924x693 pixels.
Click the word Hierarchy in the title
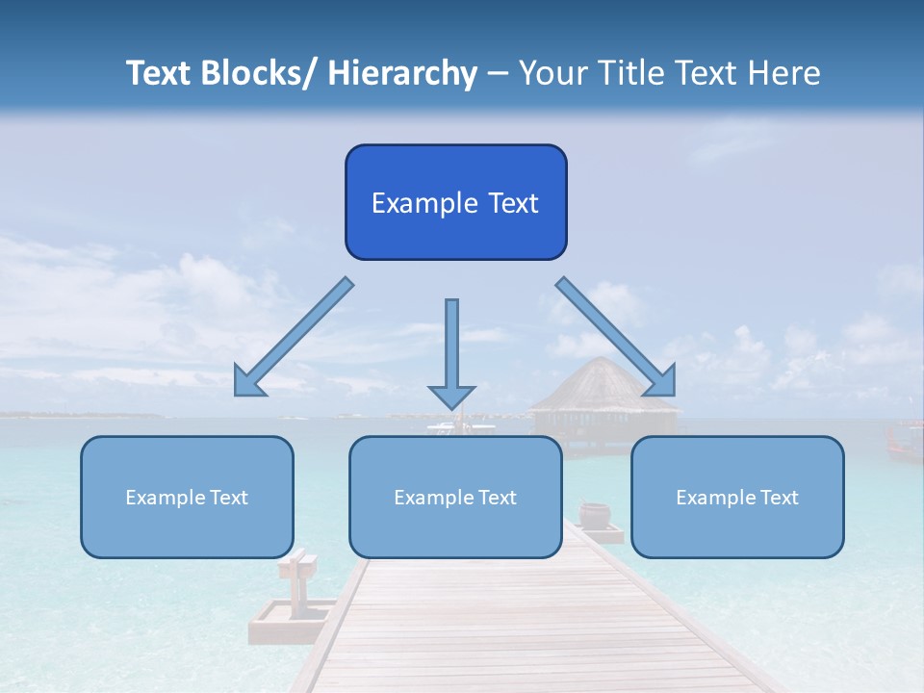point(401,73)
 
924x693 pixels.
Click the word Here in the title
point(783,73)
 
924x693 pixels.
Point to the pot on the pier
point(594,515)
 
